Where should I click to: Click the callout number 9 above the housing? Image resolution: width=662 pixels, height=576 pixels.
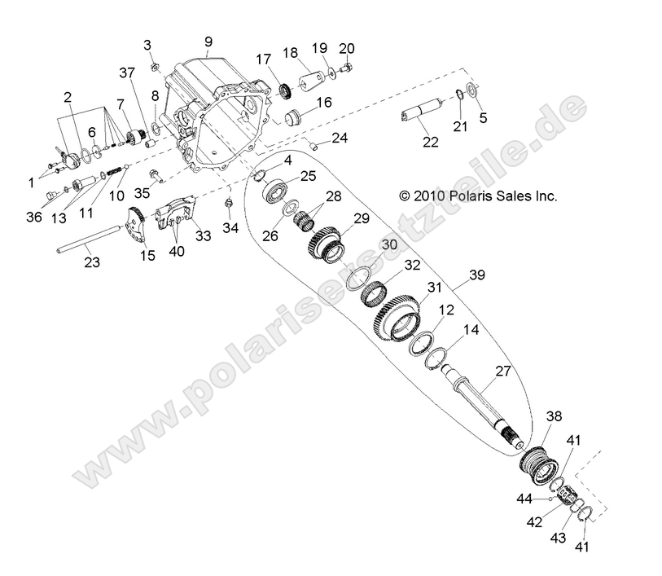click(208, 41)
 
